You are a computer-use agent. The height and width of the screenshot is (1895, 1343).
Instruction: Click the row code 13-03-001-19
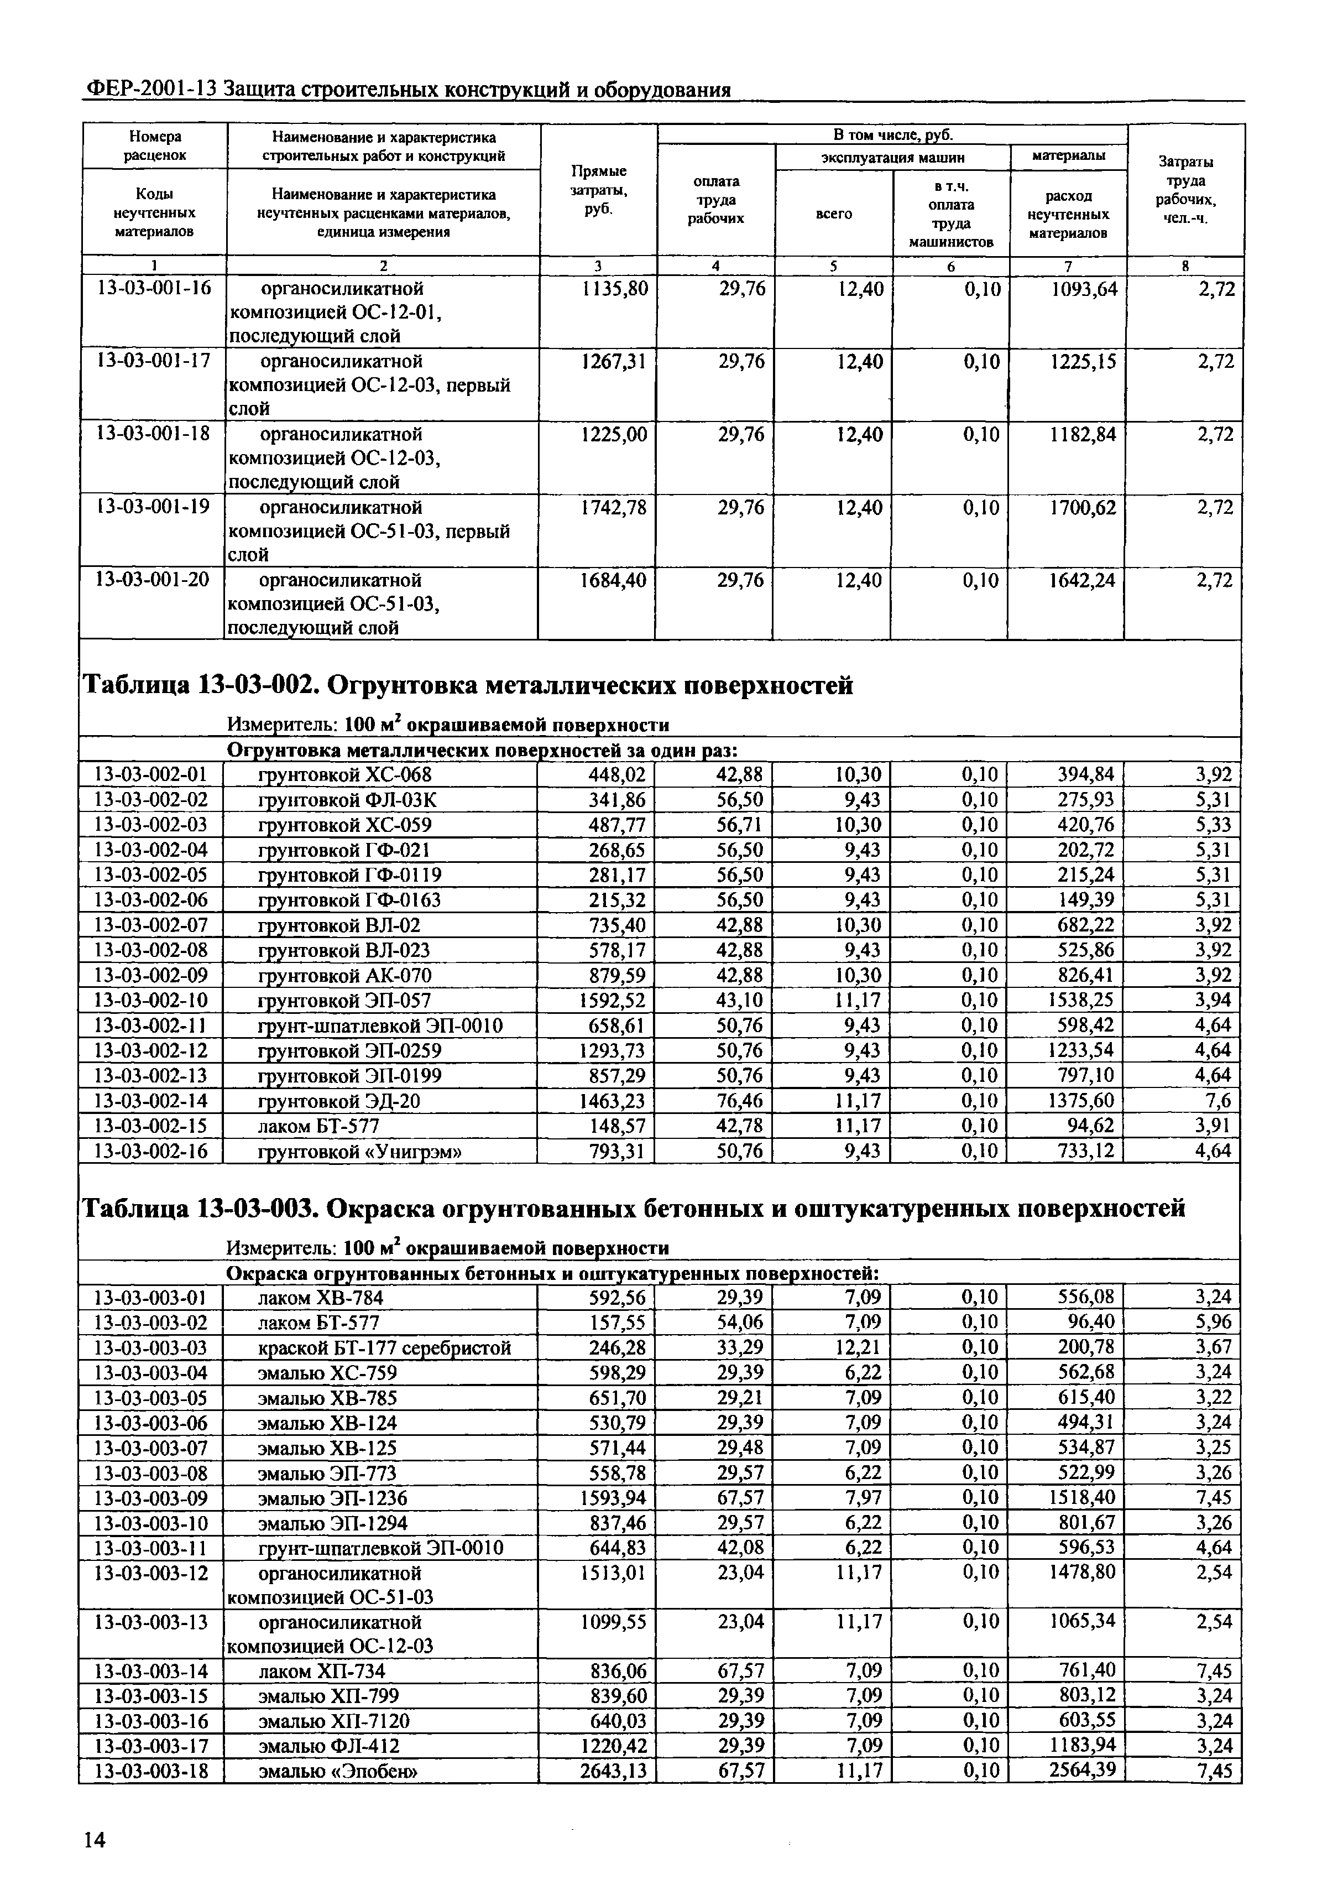click(153, 506)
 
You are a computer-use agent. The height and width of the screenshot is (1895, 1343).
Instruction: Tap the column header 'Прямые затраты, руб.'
click(599, 189)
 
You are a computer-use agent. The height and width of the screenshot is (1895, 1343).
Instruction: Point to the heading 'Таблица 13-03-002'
click(467, 686)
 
